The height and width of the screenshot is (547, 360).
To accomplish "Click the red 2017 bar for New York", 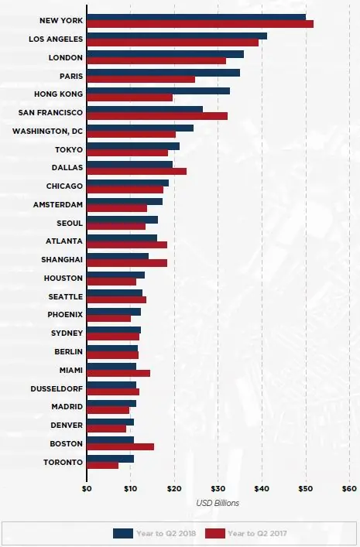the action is click(200, 24).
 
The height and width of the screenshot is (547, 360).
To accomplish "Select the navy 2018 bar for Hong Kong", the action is click(159, 91).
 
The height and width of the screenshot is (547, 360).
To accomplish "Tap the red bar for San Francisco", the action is click(157, 116).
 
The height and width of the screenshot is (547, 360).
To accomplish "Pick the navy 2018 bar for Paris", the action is click(163, 73).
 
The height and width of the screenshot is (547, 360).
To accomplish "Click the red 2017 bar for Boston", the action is click(121, 447).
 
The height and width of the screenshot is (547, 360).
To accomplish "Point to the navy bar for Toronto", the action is click(111, 459).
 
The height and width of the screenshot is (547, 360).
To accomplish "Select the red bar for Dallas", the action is click(136, 171).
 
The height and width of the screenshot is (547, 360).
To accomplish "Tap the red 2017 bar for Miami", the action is click(118, 373).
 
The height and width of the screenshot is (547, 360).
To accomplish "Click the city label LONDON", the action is click(66, 57).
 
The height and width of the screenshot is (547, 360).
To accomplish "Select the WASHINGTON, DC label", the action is click(47, 132).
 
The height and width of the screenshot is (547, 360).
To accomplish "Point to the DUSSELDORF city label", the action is click(57, 388).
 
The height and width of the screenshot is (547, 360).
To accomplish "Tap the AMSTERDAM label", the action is click(58, 204).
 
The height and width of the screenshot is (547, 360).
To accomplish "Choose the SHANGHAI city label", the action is click(62, 259).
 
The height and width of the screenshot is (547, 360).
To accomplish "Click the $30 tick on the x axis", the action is click(218, 489).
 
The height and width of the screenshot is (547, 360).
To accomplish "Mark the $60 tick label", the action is click(349, 489).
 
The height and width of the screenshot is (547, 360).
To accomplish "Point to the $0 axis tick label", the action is click(87, 489).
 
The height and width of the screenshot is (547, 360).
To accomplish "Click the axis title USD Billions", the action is click(218, 503).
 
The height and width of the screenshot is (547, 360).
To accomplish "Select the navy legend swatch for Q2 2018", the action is click(123, 533).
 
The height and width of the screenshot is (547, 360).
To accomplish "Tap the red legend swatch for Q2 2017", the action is click(215, 533).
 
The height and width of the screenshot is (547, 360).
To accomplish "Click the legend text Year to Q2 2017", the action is click(257, 533).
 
